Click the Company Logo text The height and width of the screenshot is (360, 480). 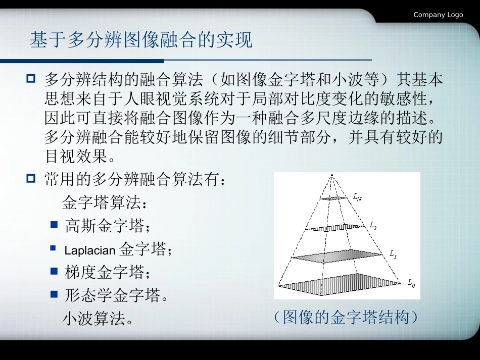click(x=438, y=15)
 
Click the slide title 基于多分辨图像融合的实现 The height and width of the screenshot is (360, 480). click(x=141, y=40)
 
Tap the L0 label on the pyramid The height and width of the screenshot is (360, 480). click(x=411, y=284)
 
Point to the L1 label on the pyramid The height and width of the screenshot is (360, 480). click(x=393, y=254)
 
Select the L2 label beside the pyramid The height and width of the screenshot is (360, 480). click(x=373, y=226)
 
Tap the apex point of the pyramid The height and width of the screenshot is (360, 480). click(x=331, y=175)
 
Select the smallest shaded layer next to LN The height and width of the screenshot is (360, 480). click(x=334, y=198)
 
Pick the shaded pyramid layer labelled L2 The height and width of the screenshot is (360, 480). click(x=338, y=228)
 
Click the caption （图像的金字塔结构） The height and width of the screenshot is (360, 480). click(x=346, y=318)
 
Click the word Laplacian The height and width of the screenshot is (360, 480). click(x=90, y=250)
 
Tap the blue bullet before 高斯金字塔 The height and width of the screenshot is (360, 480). click(x=54, y=225)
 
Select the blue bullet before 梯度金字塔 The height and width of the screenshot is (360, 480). click(x=54, y=271)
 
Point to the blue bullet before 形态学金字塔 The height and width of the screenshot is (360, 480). click(x=54, y=294)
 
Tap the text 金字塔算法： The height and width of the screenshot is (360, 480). click(x=105, y=203)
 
